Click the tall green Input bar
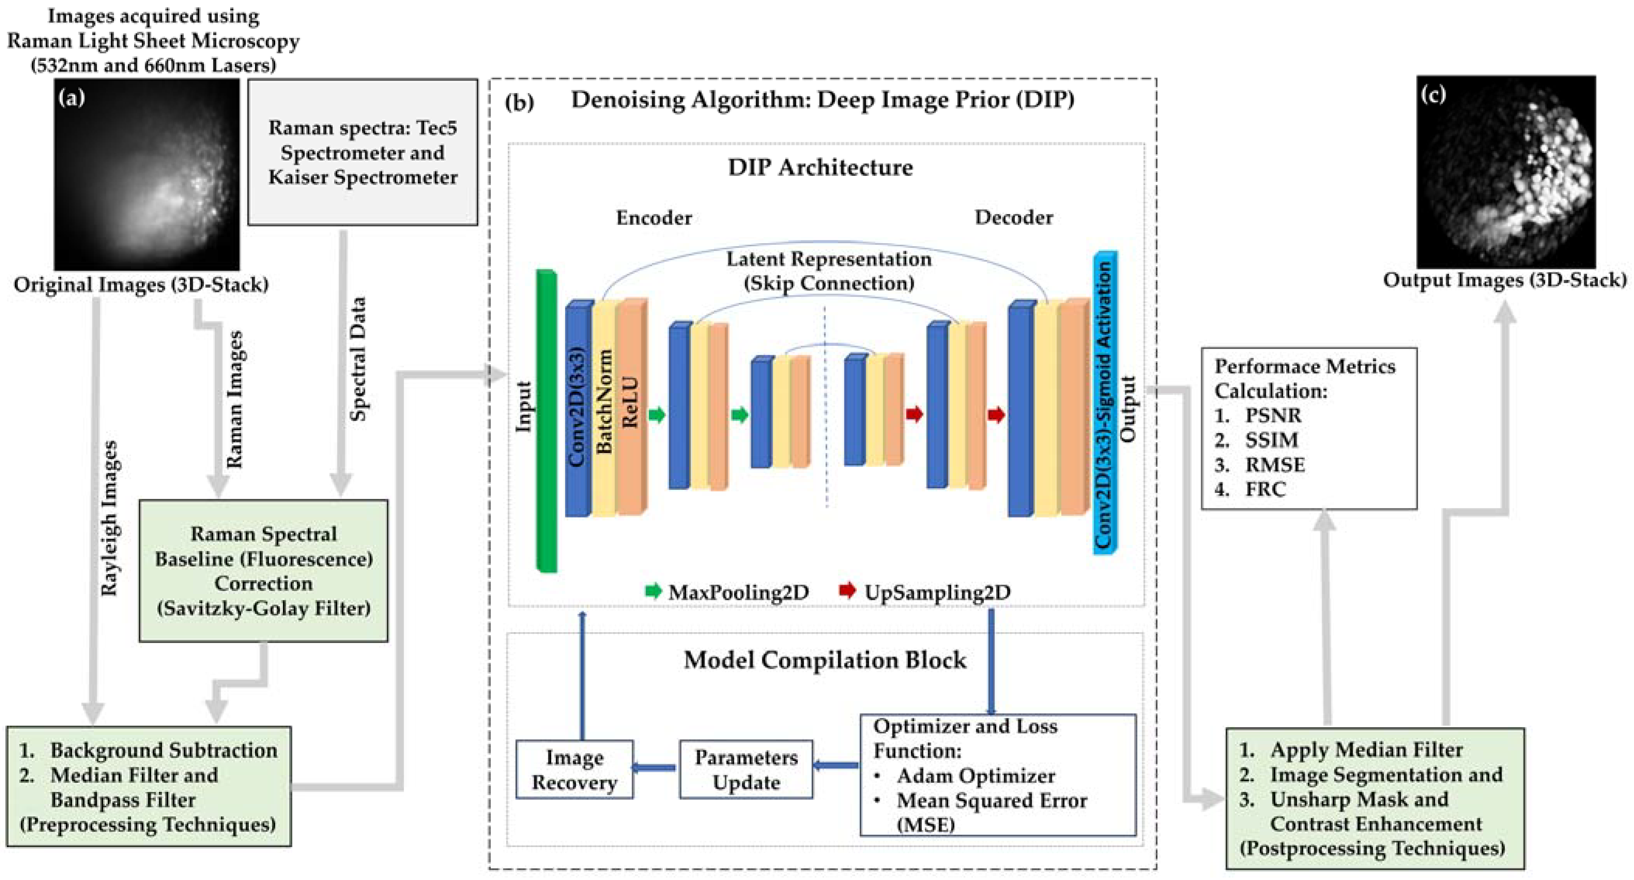pyautogui.click(x=546, y=421)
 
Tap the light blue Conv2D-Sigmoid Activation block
pyautogui.click(x=1104, y=403)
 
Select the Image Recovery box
pyautogui.click(x=574, y=769)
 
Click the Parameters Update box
pyautogui.click(x=745, y=769)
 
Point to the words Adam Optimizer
pyautogui.click(x=975, y=775)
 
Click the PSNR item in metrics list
pyautogui.click(x=1272, y=416)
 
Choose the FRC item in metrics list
pyautogui.click(x=1265, y=489)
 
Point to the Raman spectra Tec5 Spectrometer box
pyautogui.click(x=362, y=152)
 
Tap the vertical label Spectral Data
pyautogui.click(x=358, y=358)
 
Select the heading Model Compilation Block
pyautogui.click(x=825, y=660)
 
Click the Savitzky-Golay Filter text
pyautogui.click(x=263, y=609)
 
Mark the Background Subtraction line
pyautogui.click(x=163, y=750)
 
